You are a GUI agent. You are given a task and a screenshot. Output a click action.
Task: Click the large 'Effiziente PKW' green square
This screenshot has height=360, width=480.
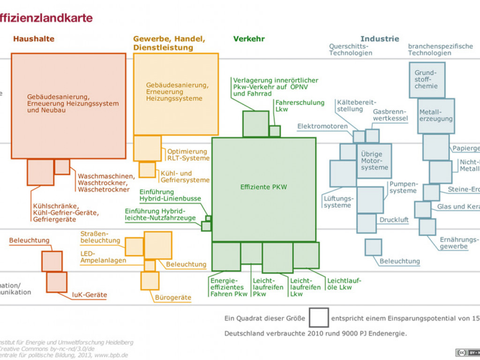(x=264, y=189)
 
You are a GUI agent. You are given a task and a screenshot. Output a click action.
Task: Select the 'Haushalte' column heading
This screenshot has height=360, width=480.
(x=34, y=39)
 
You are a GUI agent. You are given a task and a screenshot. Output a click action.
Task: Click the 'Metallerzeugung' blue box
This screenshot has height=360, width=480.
(x=436, y=115)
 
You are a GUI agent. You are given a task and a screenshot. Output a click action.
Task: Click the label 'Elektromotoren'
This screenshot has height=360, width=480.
(x=322, y=126)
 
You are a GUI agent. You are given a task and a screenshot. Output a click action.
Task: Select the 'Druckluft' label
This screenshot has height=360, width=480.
(x=394, y=220)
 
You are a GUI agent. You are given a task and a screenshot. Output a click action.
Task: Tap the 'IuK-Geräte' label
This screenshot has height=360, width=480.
(x=89, y=295)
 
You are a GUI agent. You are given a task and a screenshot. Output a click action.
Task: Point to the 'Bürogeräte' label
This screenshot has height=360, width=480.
(x=173, y=297)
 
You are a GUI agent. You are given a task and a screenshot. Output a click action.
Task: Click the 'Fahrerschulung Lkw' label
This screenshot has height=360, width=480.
(x=300, y=105)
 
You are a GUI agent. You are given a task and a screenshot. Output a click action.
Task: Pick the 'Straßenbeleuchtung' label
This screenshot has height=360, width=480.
(x=100, y=237)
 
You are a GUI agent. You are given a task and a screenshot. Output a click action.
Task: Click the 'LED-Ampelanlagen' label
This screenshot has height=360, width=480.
(x=103, y=257)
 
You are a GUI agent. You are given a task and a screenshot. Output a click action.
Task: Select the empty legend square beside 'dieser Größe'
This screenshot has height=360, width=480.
(x=319, y=317)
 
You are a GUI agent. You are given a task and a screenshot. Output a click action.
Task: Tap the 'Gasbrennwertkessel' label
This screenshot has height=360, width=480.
(x=390, y=115)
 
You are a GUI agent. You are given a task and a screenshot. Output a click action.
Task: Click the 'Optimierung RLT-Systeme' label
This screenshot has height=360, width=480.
(x=187, y=155)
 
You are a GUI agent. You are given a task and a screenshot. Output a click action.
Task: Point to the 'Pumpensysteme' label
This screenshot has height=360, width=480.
(x=403, y=187)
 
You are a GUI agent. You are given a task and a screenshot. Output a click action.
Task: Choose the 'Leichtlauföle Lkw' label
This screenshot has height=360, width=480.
(x=344, y=284)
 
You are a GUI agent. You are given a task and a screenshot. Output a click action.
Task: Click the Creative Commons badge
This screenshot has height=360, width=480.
(x=467, y=352)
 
